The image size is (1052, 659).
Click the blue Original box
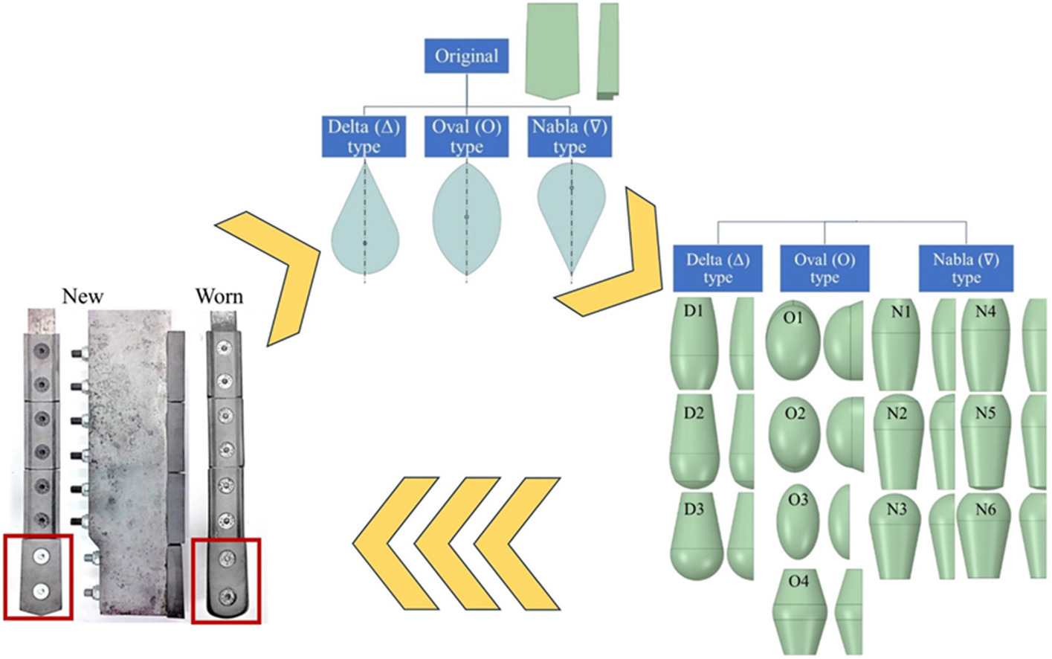tap(466, 57)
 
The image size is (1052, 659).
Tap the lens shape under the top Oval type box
tap(466, 217)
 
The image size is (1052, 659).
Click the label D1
tap(694, 311)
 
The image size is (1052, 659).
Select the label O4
tap(798, 581)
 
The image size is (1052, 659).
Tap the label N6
tap(985, 509)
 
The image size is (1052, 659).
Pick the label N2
tap(897, 413)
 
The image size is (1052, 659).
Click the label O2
tap(795, 413)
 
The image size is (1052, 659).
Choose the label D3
tap(694, 509)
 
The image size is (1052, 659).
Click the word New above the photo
tap(83, 296)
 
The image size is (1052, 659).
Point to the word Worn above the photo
tap(219, 296)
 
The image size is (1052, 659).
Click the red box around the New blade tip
tap(38, 576)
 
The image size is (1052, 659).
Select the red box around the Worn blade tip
tap(226, 582)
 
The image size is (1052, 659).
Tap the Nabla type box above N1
tap(966, 269)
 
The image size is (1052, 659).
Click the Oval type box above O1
tap(825, 269)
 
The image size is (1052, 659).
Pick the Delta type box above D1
tap(717, 269)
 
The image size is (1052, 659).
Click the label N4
tap(985, 312)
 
